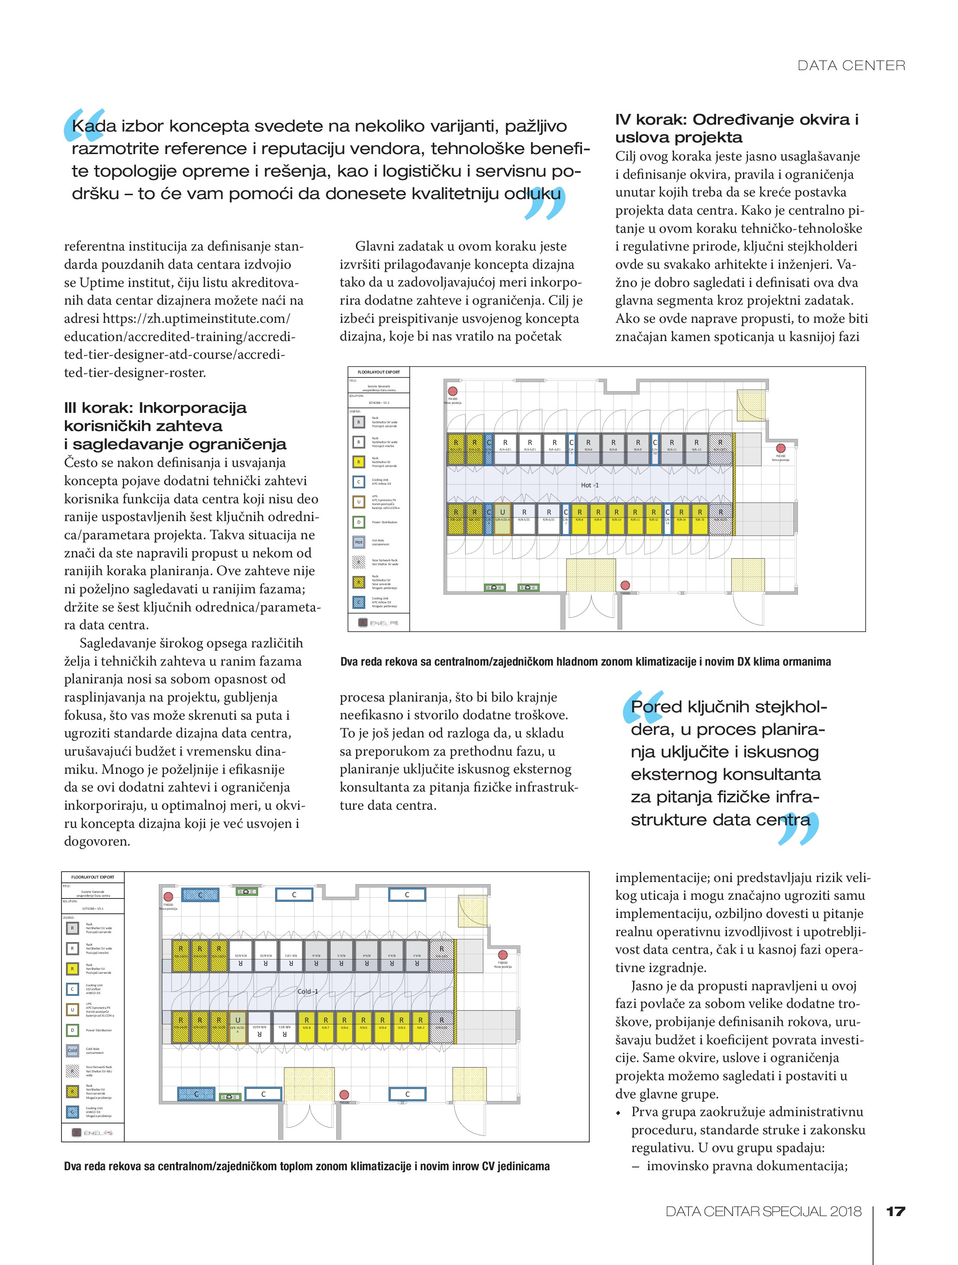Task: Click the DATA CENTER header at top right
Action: (x=851, y=66)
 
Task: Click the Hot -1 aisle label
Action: (x=590, y=485)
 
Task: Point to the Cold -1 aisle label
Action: (x=308, y=991)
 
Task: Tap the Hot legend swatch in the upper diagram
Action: (x=359, y=541)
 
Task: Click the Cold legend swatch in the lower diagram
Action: (x=73, y=1050)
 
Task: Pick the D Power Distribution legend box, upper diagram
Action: (x=359, y=522)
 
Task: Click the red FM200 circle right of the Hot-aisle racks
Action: (x=780, y=448)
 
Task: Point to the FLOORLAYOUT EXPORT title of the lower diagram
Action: (x=93, y=877)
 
